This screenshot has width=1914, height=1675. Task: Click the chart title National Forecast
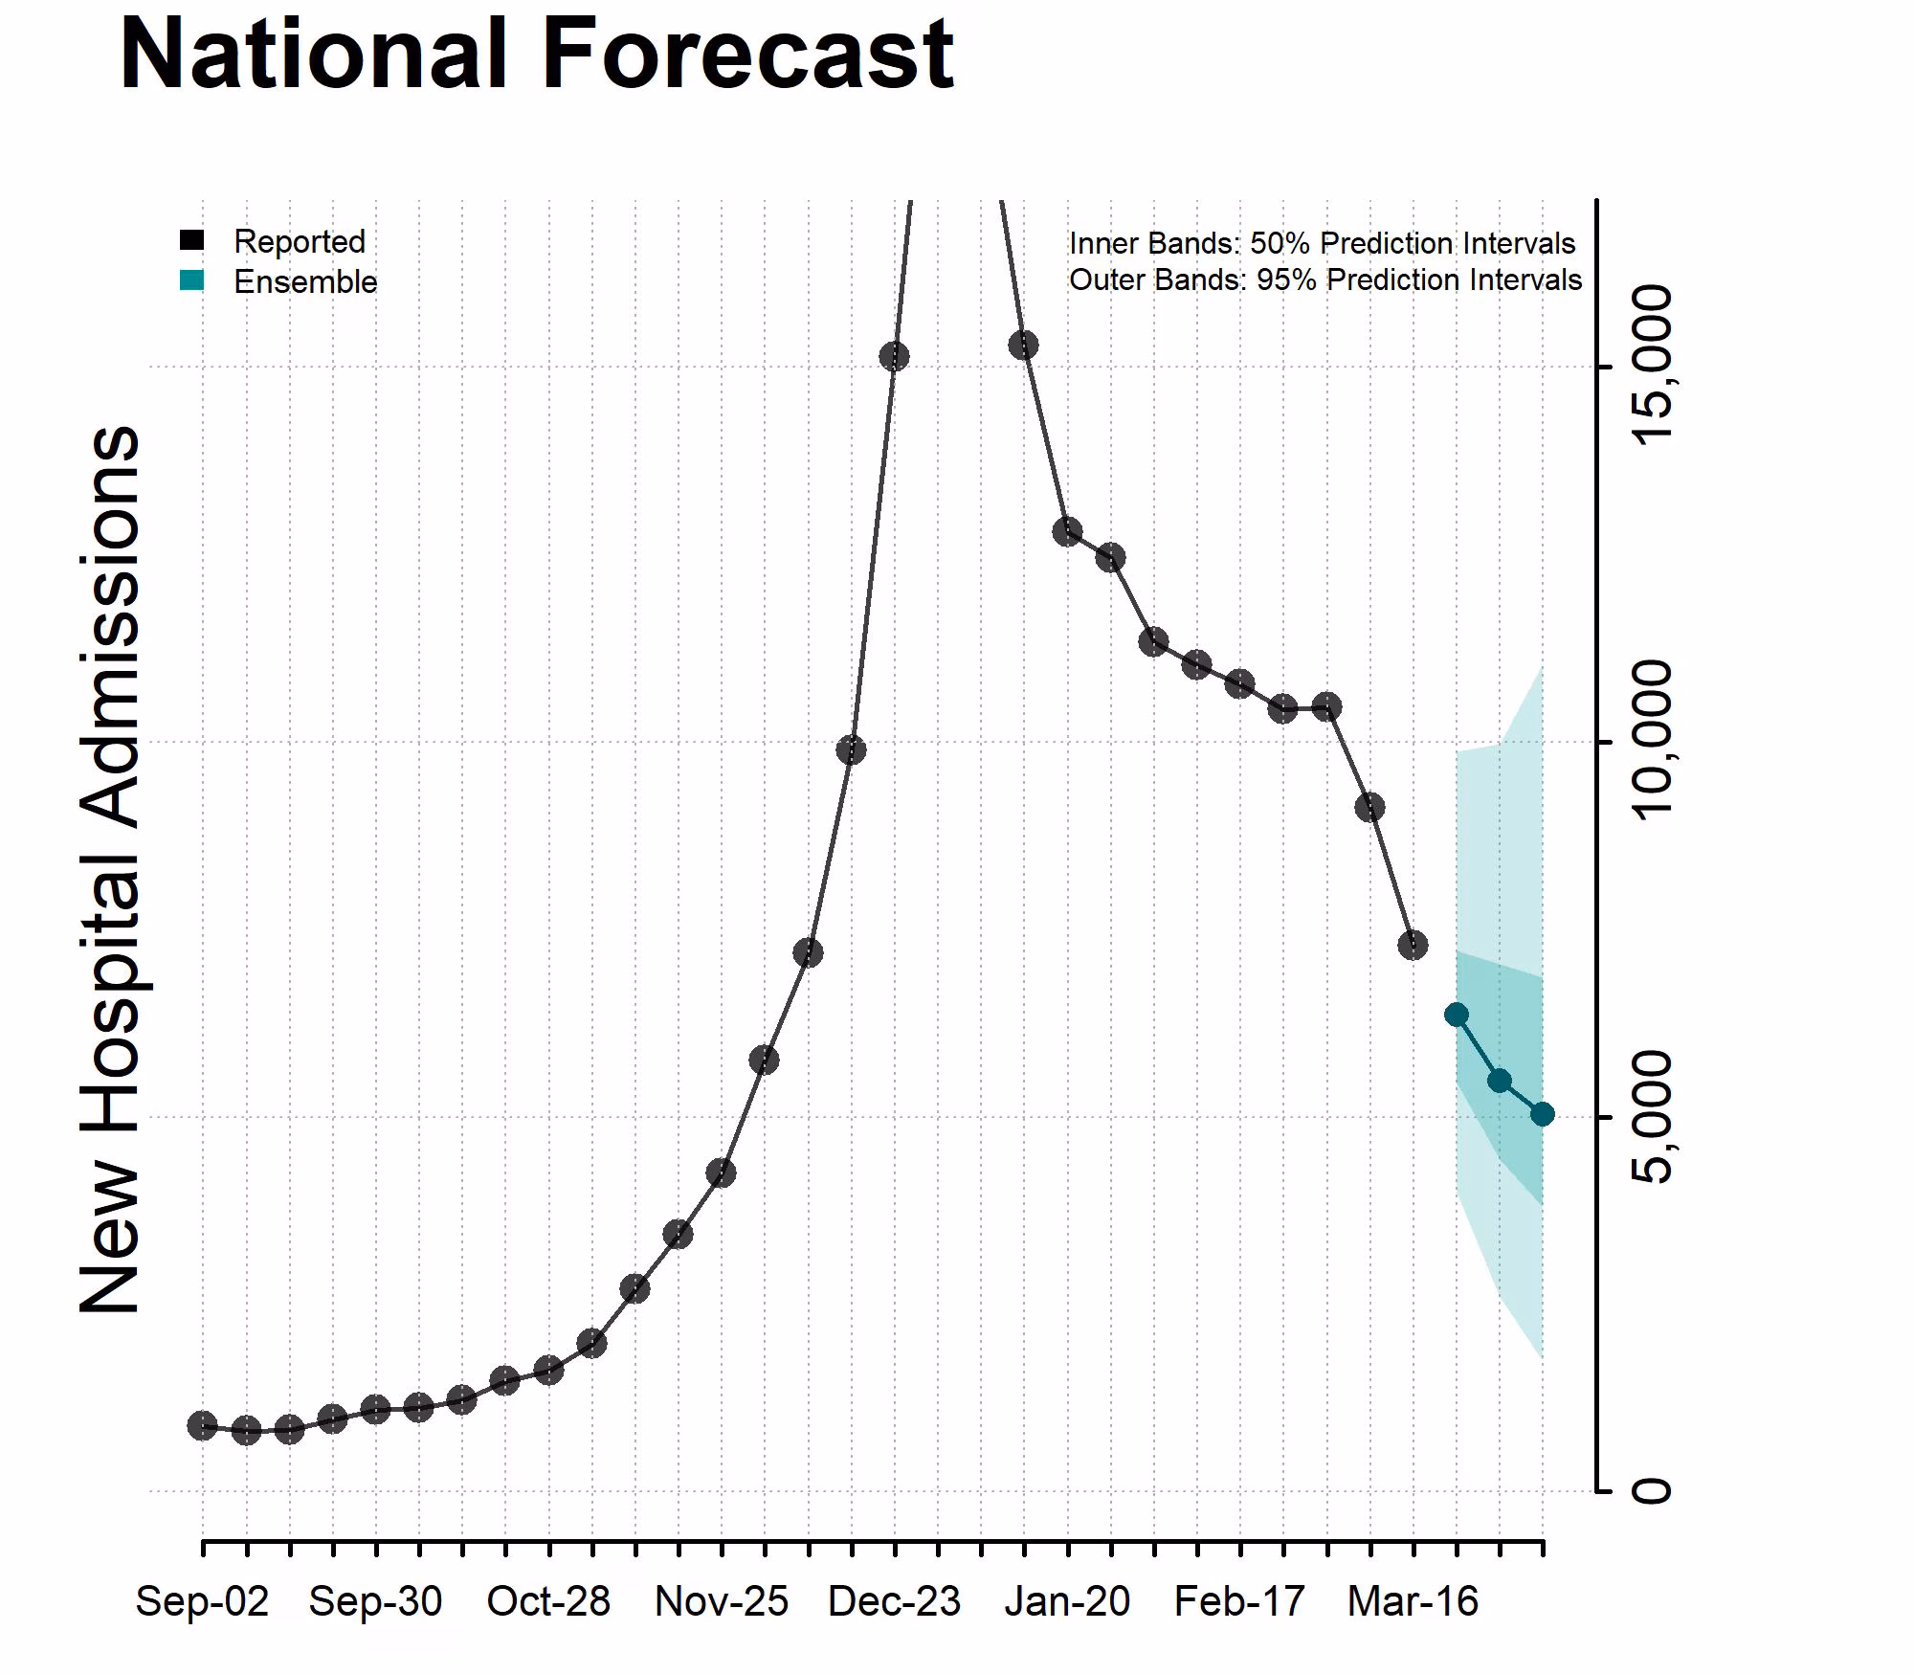tap(536, 55)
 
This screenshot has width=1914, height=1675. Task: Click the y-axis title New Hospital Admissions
tap(110, 869)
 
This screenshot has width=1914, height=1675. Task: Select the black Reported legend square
tap(192, 240)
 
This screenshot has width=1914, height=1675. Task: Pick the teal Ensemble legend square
tap(192, 280)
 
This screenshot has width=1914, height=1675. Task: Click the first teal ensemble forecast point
tap(1457, 1015)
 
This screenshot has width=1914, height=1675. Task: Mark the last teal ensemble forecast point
tap(1542, 1114)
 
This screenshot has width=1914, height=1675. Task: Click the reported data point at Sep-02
tap(202, 1426)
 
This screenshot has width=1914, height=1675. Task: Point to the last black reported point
tap(1413, 946)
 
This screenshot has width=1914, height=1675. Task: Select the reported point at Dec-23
tap(894, 357)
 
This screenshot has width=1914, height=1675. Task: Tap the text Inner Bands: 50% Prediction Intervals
tap(1322, 243)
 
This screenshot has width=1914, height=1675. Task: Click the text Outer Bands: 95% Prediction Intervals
tap(1324, 279)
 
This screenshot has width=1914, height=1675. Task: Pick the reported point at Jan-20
tap(1067, 532)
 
